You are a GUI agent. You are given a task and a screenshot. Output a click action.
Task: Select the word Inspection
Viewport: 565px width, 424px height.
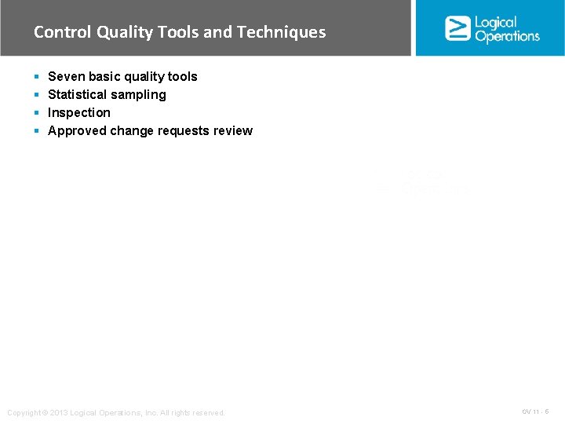[x=79, y=112]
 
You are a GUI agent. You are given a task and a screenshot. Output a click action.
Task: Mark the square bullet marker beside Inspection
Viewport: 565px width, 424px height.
[x=37, y=113]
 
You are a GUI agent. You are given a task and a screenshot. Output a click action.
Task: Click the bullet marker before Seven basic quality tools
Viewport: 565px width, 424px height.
[x=37, y=77]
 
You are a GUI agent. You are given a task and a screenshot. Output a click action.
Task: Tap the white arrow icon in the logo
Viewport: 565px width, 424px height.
[x=457, y=28]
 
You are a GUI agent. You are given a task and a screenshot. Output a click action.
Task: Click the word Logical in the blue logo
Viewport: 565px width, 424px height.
[x=496, y=22]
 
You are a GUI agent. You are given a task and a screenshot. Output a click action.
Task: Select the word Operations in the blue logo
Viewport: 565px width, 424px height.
[x=507, y=36]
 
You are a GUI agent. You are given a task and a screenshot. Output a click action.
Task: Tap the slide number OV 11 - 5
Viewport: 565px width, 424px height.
[x=535, y=411]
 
